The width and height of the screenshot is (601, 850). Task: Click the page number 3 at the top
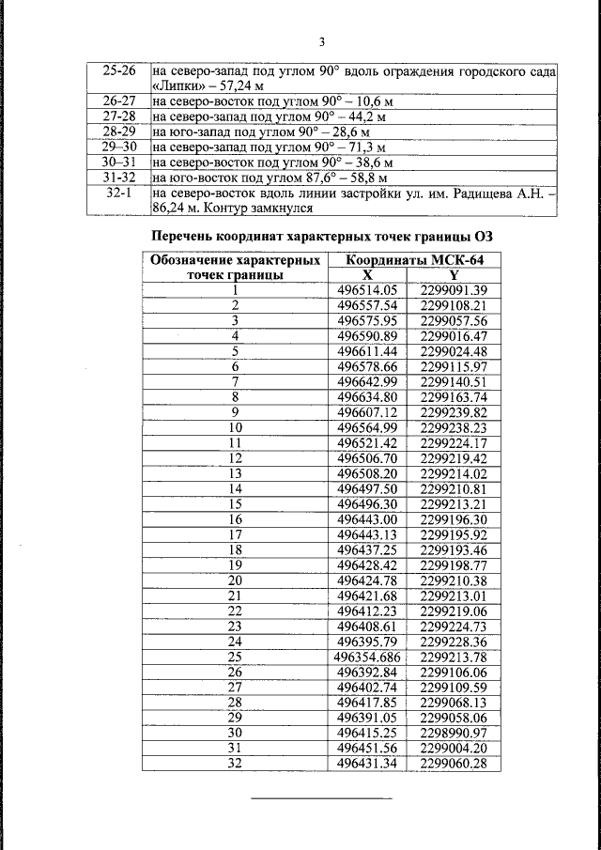coord(322,42)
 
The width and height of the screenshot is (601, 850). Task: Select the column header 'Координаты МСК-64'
coord(414,260)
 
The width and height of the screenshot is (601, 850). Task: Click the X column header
coord(367,275)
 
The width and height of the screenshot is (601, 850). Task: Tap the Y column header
coord(455,275)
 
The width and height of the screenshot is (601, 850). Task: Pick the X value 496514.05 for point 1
coord(367,290)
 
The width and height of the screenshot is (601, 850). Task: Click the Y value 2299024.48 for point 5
coord(455,350)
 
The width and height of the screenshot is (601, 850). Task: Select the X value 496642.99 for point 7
coord(367,380)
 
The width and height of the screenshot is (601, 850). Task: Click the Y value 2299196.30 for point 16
coord(455,518)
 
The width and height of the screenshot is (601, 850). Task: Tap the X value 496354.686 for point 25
coord(367,656)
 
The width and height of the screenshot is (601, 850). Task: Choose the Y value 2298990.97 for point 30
coord(455,732)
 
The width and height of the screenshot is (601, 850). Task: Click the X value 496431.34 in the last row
coord(367,763)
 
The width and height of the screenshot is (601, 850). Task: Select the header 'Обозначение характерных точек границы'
coord(236,268)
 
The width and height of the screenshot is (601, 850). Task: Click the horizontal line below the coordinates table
coord(322,799)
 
